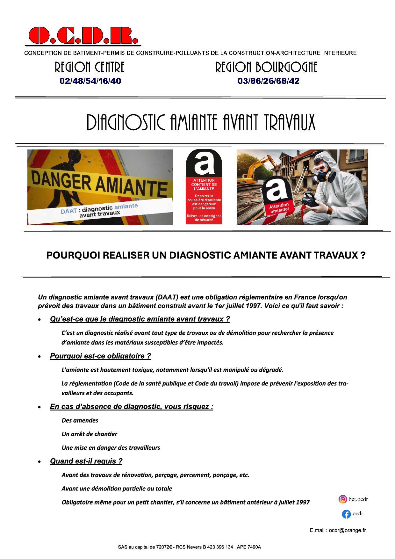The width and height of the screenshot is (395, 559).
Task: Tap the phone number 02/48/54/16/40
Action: [x=90, y=81]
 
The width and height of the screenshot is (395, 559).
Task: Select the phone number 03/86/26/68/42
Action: [x=268, y=81]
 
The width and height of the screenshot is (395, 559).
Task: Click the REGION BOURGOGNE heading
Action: [x=266, y=67]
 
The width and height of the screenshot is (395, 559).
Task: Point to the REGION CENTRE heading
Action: [x=90, y=67]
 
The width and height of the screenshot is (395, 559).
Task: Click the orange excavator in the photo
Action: [x=255, y=172]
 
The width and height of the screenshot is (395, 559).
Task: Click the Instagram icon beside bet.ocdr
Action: [x=342, y=499]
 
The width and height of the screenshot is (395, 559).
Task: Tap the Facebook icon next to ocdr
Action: [x=346, y=514]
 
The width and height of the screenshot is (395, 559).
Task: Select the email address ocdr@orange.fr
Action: [x=347, y=530]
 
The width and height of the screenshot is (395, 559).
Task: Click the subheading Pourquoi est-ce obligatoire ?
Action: [x=100, y=356]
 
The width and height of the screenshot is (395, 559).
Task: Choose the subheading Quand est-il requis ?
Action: [x=86, y=461]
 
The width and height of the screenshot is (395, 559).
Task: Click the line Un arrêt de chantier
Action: [x=89, y=434]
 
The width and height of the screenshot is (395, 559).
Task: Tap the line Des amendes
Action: [x=80, y=420]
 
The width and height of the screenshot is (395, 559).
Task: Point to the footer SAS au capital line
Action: [x=189, y=547]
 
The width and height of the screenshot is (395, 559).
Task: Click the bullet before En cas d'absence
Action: [x=39, y=407]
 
